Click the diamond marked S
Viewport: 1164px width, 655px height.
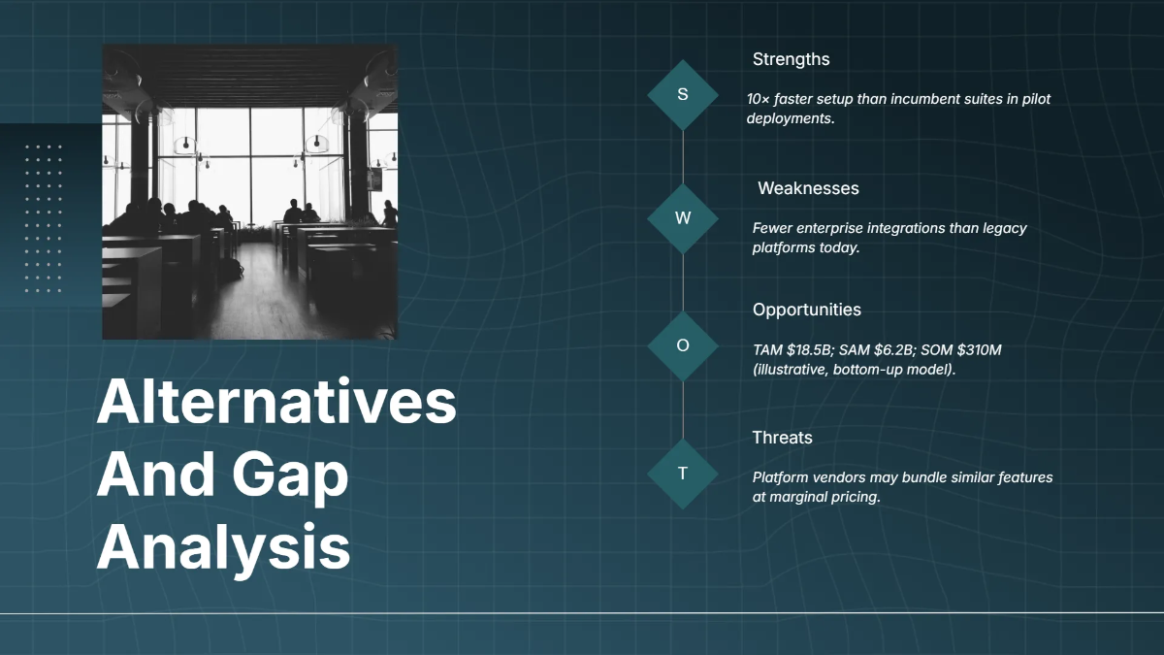click(683, 95)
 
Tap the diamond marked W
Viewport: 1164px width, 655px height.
click(683, 218)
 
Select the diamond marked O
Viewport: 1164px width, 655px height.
click(683, 345)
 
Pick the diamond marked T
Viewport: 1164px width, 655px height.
click(683, 474)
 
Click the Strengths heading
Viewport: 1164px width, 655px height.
click(791, 59)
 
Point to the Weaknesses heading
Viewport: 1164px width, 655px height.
click(808, 188)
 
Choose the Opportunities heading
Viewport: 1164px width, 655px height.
click(806, 310)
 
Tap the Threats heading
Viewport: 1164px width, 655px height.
click(782, 438)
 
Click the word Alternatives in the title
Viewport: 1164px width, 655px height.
click(276, 402)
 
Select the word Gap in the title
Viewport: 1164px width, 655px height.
click(290, 475)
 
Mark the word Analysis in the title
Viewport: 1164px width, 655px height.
click(223, 547)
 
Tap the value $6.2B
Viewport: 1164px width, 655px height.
click(892, 350)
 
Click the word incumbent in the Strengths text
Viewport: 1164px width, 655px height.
click(926, 99)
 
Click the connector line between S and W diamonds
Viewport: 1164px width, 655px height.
click(683, 157)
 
